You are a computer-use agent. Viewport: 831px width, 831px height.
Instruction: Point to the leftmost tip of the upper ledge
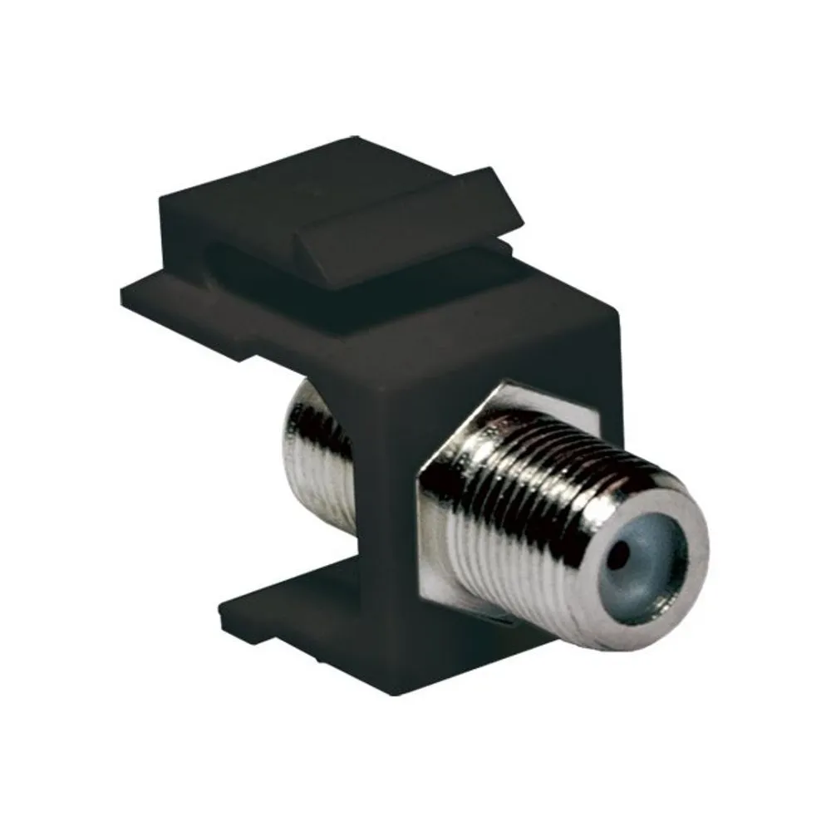tap(125, 291)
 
